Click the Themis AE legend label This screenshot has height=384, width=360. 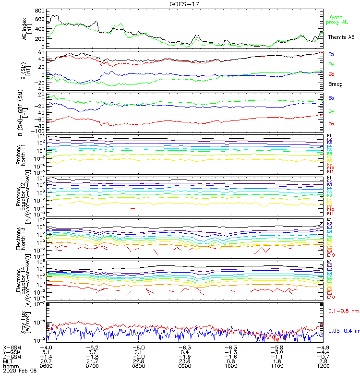(x=341, y=37)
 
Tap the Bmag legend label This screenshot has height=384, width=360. (x=335, y=84)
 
